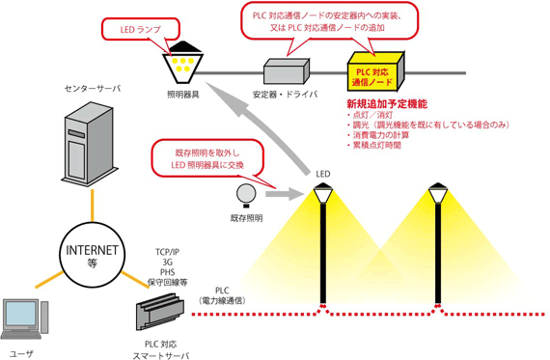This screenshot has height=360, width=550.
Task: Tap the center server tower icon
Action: coord(85,145)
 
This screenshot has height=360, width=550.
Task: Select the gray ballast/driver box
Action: coord(287,69)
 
